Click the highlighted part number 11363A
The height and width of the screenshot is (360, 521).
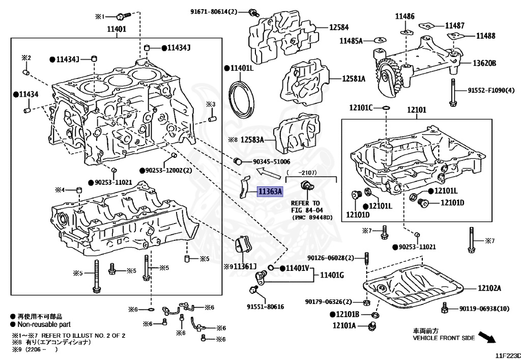tap(269, 192)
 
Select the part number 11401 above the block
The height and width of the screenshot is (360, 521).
tap(116, 29)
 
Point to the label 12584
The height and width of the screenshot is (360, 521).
tap(339, 27)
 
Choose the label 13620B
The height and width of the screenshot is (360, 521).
tap(484, 63)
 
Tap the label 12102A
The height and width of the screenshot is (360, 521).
tap(489, 288)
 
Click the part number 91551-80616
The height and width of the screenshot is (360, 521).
tap(265, 307)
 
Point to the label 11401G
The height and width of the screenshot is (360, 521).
tap(332, 275)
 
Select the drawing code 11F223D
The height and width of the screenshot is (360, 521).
tap(508, 355)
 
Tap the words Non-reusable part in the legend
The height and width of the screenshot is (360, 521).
tap(44, 324)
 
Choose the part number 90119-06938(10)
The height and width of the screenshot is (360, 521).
tap(484, 308)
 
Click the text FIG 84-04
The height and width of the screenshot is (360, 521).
tap(307, 210)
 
